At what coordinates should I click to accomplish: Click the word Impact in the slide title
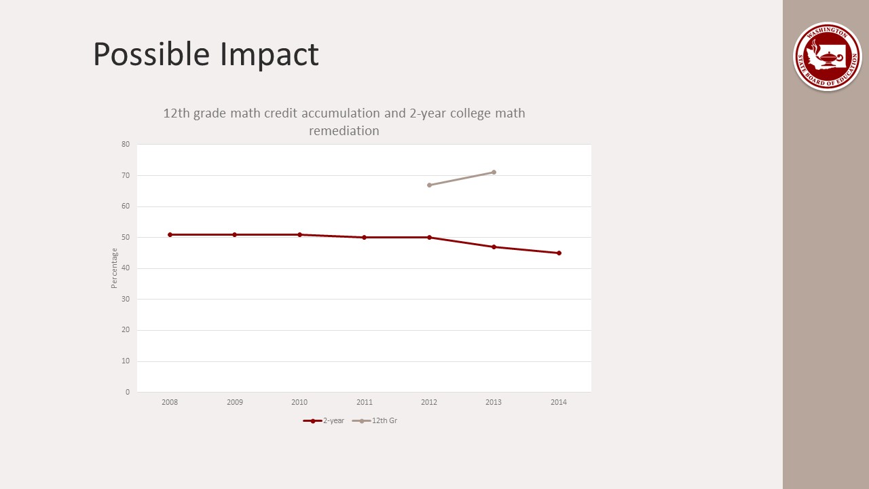[270, 54]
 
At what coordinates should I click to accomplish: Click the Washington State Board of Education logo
[827, 56]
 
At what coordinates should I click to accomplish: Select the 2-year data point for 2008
[170, 234]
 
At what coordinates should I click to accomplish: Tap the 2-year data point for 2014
[559, 253]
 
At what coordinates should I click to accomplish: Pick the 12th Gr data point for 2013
[494, 172]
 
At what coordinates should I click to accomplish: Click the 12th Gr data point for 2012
[429, 185]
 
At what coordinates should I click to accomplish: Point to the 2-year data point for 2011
[364, 237]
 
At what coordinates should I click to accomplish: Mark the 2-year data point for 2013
[494, 247]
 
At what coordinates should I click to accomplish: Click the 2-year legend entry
[324, 420]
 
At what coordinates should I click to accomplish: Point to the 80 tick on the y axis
[126, 144]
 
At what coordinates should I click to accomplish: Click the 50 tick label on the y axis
[126, 237]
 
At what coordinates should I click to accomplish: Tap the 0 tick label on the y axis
[127, 392]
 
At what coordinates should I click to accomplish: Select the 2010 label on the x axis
[299, 402]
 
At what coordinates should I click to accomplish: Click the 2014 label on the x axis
[559, 402]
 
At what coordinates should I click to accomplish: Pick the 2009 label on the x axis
[234, 402]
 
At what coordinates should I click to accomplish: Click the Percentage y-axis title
[114, 268]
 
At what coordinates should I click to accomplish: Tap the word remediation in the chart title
[344, 130]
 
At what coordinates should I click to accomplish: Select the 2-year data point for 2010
[299, 234]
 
